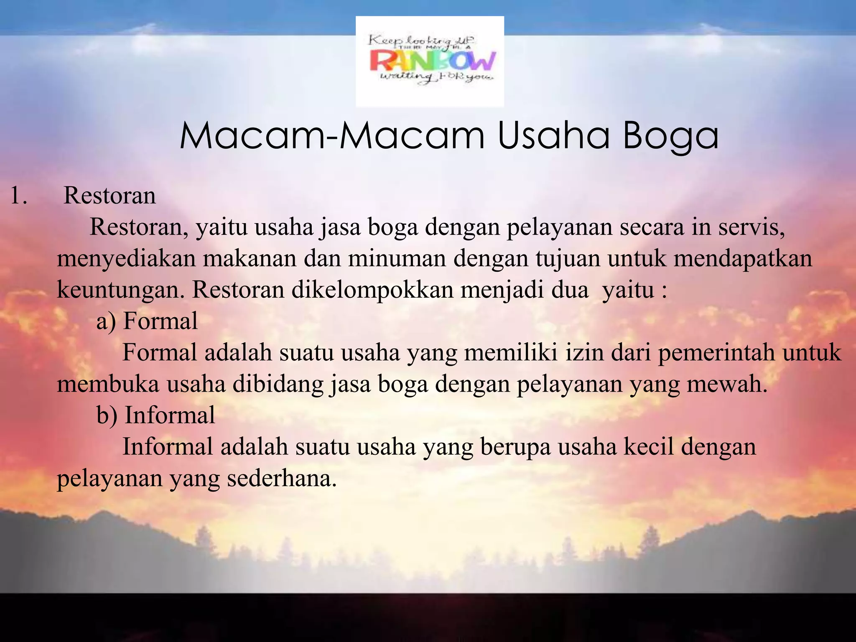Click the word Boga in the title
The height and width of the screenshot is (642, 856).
tap(670, 136)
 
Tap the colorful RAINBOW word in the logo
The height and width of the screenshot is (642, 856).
tap(432, 61)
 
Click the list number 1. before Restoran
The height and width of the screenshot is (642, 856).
tap(18, 196)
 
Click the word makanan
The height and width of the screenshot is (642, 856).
tap(250, 259)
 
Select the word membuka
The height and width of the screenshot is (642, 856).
tap(108, 384)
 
